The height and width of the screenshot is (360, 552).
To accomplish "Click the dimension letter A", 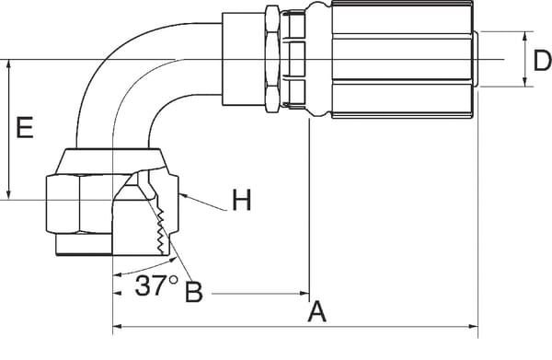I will (317, 311).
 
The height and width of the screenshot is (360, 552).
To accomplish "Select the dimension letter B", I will (193, 291).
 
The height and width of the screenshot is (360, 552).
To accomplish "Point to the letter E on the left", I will (26, 128).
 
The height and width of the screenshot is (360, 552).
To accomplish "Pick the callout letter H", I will (241, 200).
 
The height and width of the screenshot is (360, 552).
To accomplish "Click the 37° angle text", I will (155, 286).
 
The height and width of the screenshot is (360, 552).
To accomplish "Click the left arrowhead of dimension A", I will (117, 327).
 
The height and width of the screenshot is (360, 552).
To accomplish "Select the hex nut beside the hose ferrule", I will (271, 60).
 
